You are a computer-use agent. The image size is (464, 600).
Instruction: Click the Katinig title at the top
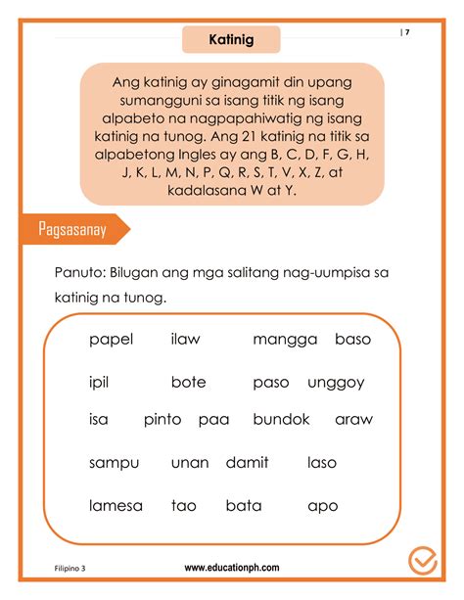pyautogui.click(x=231, y=39)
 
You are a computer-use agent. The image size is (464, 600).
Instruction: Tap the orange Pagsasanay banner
pyautogui.click(x=71, y=230)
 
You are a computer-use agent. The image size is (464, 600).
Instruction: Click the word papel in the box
pyautogui.click(x=111, y=341)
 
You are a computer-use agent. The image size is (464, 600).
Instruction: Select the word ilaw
pyautogui.click(x=185, y=340)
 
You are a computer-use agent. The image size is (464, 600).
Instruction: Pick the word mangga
pyautogui.click(x=285, y=341)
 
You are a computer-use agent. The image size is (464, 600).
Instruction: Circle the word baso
pyautogui.click(x=352, y=340)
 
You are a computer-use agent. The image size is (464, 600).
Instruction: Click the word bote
pyautogui.click(x=188, y=382)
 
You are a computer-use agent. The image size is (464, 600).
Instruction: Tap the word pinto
pyautogui.click(x=162, y=420)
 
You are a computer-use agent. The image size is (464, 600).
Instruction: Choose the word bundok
pyautogui.click(x=281, y=419)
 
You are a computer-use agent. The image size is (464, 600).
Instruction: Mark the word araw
pyautogui.click(x=353, y=420)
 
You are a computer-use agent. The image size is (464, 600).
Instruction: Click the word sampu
pyautogui.click(x=114, y=463)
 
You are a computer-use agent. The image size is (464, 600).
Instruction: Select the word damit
pyautogui.click(x=247, y=462)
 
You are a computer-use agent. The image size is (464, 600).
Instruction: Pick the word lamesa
pyautogui.click(x=116, y=506)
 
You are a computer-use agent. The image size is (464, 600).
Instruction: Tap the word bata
pyautogui.click(x=243, y=506)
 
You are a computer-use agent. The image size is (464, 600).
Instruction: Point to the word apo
pyautogui.click(x=322, y=507)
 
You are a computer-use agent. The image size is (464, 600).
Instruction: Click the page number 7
pyautogui.click(x=406, y=32)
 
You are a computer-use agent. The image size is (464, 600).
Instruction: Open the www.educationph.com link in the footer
pyautogui.click(x=232, y=567)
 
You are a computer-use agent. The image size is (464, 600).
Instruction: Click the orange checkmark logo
pyautogui.click(x=422, y=561)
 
